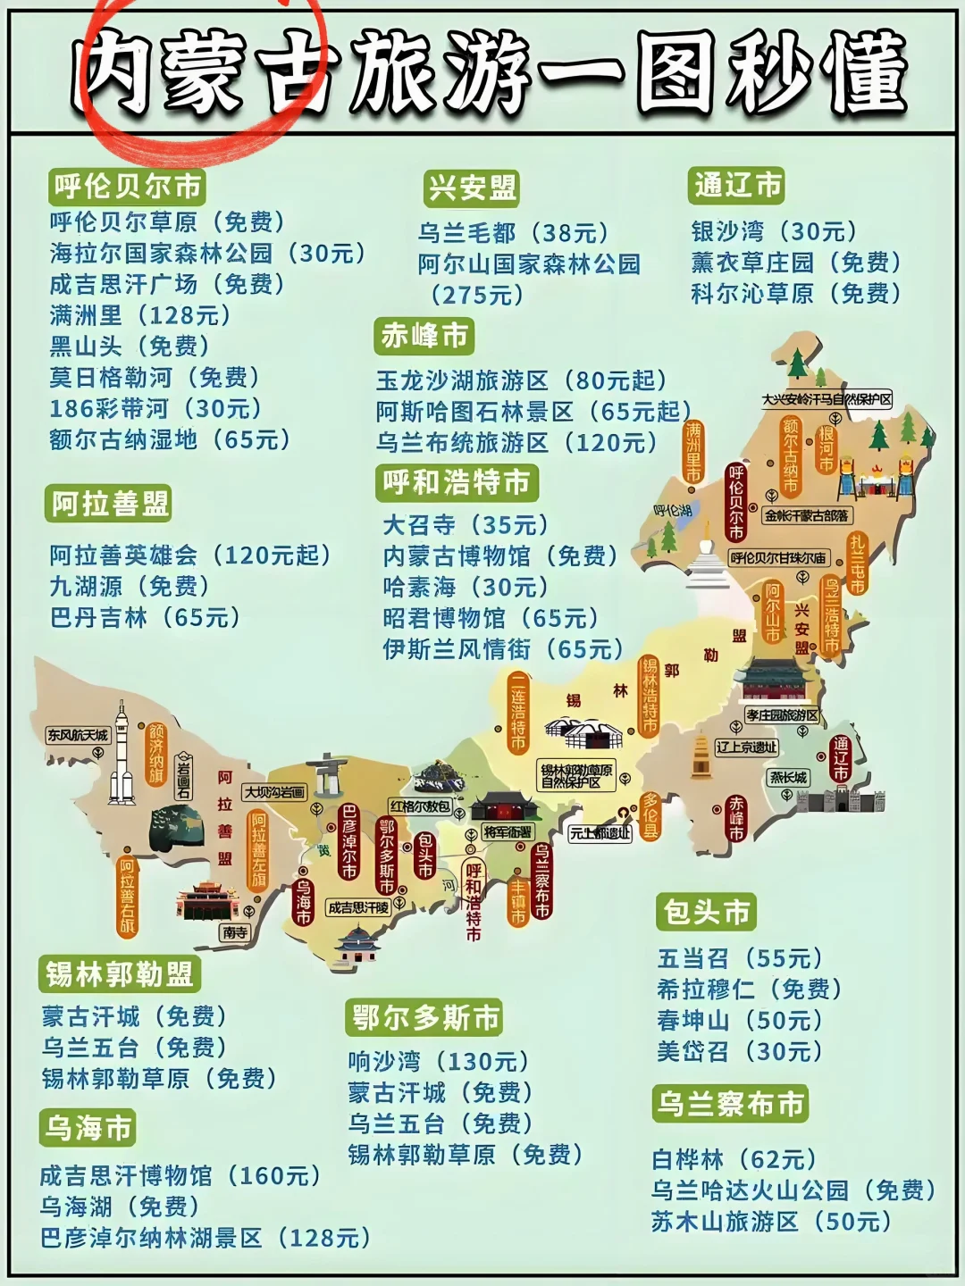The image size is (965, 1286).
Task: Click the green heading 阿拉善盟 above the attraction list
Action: tap(109, 504)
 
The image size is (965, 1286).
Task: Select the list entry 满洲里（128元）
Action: tap(140, 315)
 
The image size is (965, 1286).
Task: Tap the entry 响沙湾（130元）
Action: tap(439, 1062)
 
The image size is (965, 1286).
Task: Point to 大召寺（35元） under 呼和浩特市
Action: tap(466, 525)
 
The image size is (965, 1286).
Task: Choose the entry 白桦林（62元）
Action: tap(734, 1159)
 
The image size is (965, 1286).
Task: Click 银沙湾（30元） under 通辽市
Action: tap(774, 231)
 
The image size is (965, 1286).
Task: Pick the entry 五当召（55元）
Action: tap(740, 958)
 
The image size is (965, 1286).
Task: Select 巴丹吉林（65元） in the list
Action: tap(146, 617)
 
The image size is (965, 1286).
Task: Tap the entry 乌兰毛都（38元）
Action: tap(514, 233)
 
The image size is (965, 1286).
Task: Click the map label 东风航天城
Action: tap(78, 735)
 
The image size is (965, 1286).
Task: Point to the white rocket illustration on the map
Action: tap(121, 755)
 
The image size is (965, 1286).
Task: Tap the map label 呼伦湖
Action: tap(672, 511)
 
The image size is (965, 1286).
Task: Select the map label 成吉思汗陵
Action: tap(358, 907)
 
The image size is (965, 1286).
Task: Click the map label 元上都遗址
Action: tap(600, 833)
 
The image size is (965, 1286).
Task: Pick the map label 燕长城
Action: tap(788, 778)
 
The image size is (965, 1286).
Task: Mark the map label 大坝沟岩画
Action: tap(275, 791)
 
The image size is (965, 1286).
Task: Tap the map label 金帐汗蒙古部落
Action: tap(808, 515)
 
